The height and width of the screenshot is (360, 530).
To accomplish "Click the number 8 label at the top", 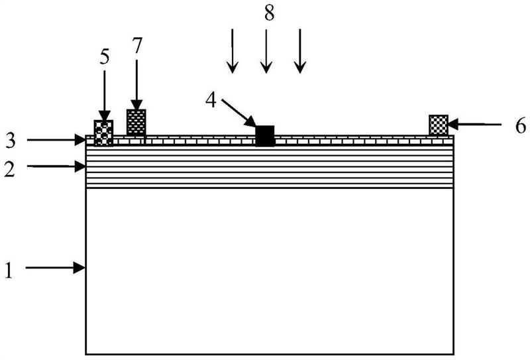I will (x=269, y=14).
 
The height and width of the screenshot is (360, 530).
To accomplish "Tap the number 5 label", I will (x=105, y=56).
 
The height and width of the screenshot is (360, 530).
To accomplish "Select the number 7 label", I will (x=136, y=46).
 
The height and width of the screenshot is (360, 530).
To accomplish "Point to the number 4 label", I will (x=210, y=101).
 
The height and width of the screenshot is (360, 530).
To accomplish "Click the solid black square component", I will (x=265, y=135).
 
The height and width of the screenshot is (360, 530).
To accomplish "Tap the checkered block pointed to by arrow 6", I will (x=439, y=125).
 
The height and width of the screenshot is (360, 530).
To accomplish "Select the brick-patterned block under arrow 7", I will (x=136, y=122).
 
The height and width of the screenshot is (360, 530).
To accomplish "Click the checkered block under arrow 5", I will (x=103, y=132).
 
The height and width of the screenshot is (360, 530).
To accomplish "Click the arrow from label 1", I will (x=56, y=268).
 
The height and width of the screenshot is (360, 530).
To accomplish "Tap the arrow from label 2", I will (x=56, y=167).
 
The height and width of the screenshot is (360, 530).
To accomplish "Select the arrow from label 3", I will (x=56, y=139).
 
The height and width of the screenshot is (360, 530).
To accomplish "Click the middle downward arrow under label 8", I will (x=266, y=50).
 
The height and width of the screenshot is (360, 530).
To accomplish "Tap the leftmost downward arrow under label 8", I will (x=232, y=50).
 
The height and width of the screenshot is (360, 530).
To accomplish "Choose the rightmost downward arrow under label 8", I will (x=300, y=50).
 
